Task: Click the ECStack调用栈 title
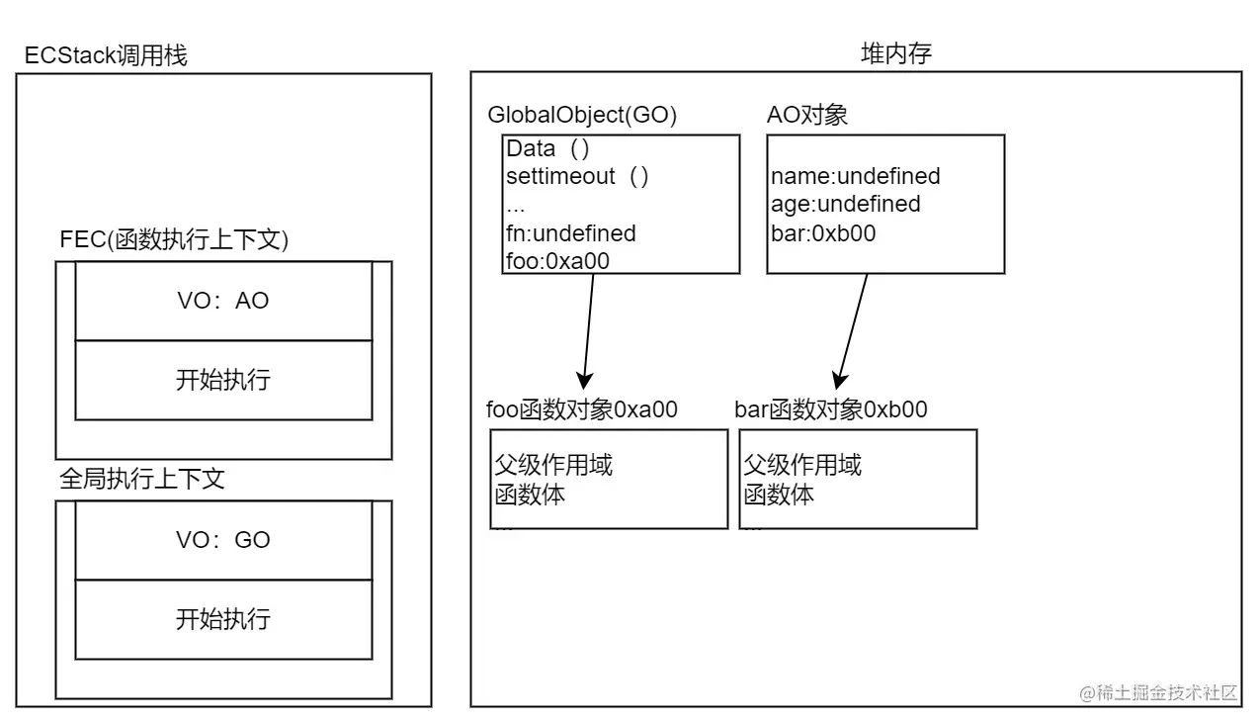point(106,55)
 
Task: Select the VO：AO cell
point(223,301)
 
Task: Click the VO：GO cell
point(223,540)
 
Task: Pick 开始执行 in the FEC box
point(223,380)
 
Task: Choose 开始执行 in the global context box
point(223,619)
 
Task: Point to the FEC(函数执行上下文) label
point(174,241)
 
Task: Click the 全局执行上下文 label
point(142,480)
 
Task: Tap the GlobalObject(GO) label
point(582,115)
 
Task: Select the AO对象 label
point(807,115)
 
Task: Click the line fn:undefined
point(571,233)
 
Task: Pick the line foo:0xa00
point(557,260)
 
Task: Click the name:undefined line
point(855,177)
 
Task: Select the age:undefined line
point(845,205)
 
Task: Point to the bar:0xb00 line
point(823,233)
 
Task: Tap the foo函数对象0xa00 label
point(582,409)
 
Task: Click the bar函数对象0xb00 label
point(831,409)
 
